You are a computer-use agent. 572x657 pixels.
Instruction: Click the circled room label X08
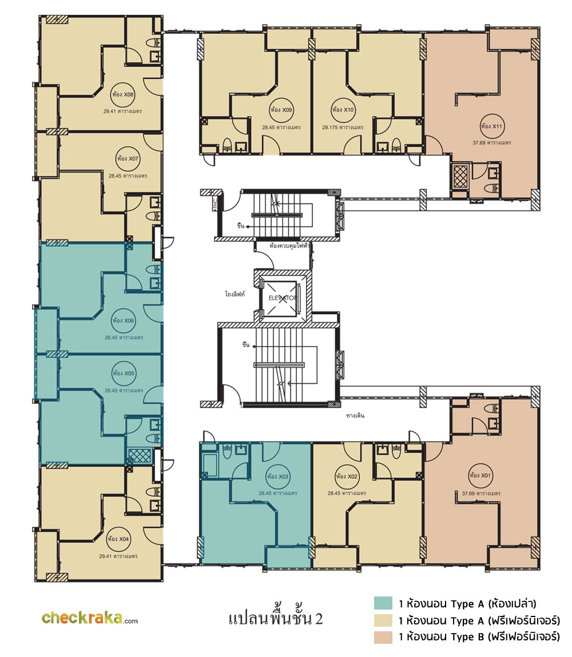[x=122, y=94]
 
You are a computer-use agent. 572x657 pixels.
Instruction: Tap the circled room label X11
[x=492, y=126]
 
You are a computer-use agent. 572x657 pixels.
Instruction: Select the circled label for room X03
[x=278, y=476]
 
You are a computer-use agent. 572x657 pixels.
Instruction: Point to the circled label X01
[x=480, y=475]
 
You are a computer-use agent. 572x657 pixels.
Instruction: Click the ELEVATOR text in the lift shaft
[x=283, y=298]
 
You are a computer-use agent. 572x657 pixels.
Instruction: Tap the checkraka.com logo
[x=89, y=618]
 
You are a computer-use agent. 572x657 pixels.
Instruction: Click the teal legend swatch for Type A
[x=383, y=603]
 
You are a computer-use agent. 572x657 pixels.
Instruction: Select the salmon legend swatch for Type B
[x=383, y=638]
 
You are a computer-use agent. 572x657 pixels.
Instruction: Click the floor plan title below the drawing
[x=276, y=618]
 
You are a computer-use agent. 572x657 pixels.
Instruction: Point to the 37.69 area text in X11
[x=492, y=142]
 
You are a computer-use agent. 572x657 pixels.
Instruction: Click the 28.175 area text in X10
[x=343, y=127]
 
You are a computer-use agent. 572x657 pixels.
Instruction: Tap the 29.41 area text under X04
[x=118, y=556]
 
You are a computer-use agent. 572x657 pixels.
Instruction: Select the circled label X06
[x=123, y=321]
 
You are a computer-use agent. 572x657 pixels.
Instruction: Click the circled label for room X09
[x=281, y=110]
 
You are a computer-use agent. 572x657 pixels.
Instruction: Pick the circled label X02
[x=347, y=476]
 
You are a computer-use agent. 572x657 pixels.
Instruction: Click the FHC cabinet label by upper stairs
[x=216, y=203]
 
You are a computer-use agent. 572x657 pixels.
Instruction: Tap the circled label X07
[x=128, y=159]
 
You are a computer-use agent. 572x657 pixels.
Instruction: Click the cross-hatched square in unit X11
[x=460, y=177]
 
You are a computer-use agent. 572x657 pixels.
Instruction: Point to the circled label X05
[x=124, y=373]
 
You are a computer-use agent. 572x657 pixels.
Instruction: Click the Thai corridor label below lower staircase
[x=355, y=415]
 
